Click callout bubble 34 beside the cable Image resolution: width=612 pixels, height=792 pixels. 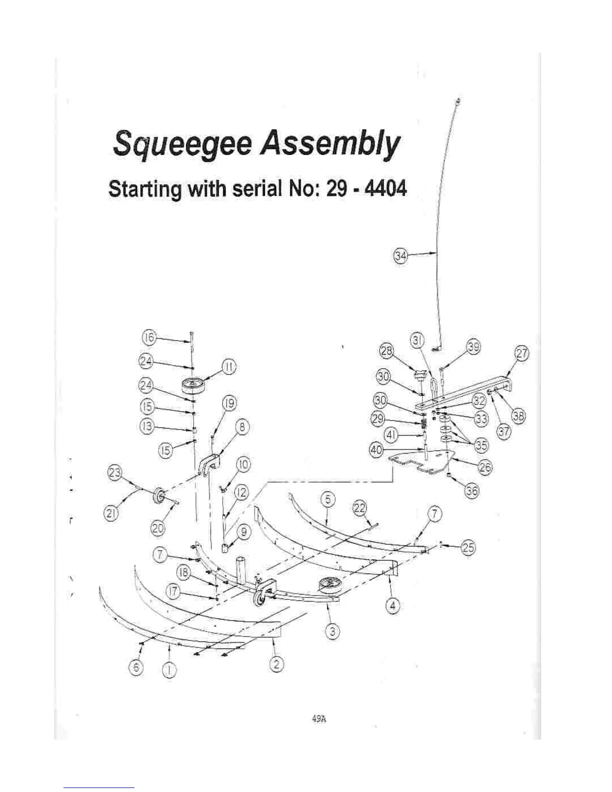(x=400, y=256)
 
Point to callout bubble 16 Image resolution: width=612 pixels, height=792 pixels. (x=149, y=337)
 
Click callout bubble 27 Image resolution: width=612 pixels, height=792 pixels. (x=521, y=354)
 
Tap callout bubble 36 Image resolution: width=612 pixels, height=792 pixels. (x=471, y=491)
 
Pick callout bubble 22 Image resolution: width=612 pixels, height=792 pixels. (x=360, y=507)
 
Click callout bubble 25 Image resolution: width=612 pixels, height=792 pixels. (x=467, y=548)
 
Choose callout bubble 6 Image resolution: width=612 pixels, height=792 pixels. (x=136, y=667)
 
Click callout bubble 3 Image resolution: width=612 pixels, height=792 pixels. (x=332, y=631)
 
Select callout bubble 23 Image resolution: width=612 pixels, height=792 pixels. (x=115, y=472)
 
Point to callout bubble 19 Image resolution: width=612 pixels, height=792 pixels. (x=229, y=403)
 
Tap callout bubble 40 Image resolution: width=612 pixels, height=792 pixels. (x=376, y=450)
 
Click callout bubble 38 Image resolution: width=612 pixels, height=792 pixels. (x=518, y=416)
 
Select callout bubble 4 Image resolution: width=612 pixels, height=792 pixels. (x=393, y=606)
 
